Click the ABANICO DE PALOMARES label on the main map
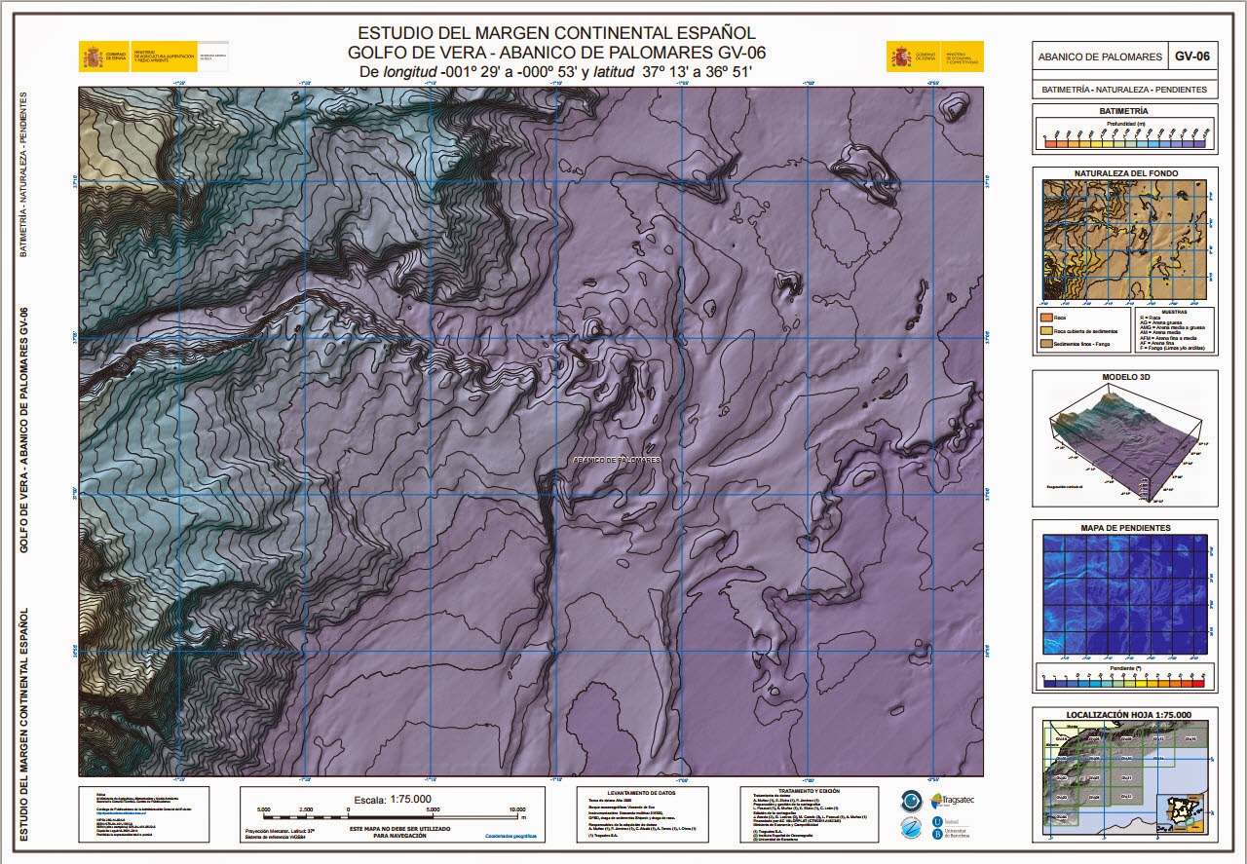tap(617, 459)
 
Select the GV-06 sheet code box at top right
tap(1191, 56)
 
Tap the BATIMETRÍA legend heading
tap(1123, 111)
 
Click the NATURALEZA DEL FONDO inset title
tap(1125, 173)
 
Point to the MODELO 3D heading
tap(1125, 376)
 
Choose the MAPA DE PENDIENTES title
tap(1125, 528)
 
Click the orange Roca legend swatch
tap(1047, 318)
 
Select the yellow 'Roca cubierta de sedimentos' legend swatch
tap(1047, 331)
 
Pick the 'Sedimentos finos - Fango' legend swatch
tap(1047, 345)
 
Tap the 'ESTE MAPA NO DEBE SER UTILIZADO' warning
tap(388, 827)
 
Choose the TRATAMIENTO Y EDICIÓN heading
tap(809, 791)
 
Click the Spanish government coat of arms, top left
tap(94, 56)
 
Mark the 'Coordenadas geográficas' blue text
tap(510, 835)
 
